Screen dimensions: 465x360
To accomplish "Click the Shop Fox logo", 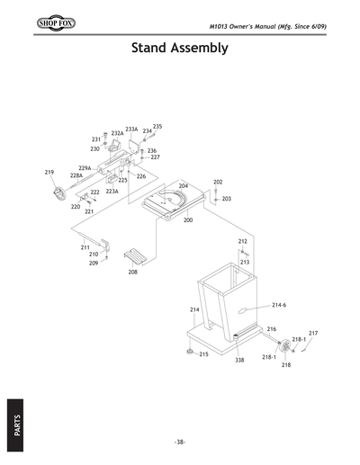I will pyautogui.click(x=31, y=20).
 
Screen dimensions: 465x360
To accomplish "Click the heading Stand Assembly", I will pyautogui.click(x=179, y=47).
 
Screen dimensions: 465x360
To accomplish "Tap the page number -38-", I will pyautogui.click(x=180, y=441).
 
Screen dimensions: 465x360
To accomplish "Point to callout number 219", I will pyautogui.click(x=49, y=172).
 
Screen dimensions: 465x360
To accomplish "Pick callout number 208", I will pyautogui.click(x=132, y=271).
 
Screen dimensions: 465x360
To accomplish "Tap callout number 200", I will pyautogui.click(x=188, y=219).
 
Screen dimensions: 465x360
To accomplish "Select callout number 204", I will pyautogui.click(x=184, y=185).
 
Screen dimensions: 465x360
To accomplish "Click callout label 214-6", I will pyautogui.click(x=279, y=305).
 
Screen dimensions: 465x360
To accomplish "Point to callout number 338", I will pyautogui.click(x=239, y=360).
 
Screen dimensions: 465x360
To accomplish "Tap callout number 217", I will pyautogui.click(x=313, y=334).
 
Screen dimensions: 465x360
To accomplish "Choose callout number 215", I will pyautogui.click(x=204, y=354).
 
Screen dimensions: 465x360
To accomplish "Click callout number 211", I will pyautogui.click(x=85, y=246).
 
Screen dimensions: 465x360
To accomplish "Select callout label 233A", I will pyautogui.click(x=131, y=130).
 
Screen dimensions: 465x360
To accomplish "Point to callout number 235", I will pyautogui.click(x=157, y=127).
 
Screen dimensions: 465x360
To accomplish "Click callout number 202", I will pyautogui.click(x=218, y=182).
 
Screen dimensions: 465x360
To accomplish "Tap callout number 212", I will pyautogui.click(x=243, y=242).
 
